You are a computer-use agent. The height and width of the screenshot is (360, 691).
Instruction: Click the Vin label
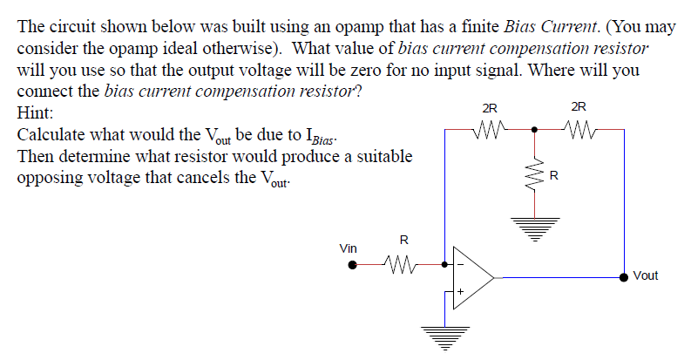pos(348,248)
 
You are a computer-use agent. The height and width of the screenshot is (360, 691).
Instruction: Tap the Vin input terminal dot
pos(352,264)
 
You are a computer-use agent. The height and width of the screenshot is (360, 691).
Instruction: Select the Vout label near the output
pos(646,275)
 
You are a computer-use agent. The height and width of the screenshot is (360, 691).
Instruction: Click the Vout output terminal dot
pos(623,277)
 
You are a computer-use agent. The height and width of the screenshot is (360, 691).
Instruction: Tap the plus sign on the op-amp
pos(459,291)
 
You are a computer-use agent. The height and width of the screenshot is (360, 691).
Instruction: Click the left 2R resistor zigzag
pos(489,130)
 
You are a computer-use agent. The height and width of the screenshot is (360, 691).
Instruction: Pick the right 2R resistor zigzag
pos(579,130)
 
